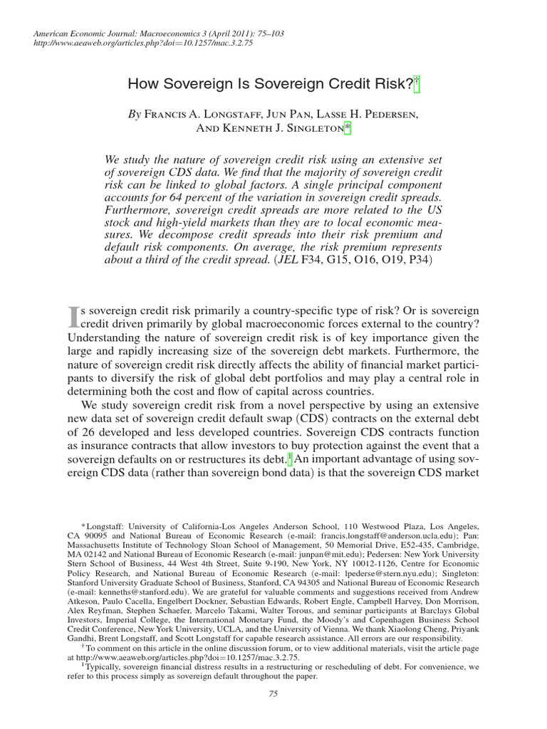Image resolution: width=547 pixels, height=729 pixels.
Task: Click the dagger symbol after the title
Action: tap(417, 83)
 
